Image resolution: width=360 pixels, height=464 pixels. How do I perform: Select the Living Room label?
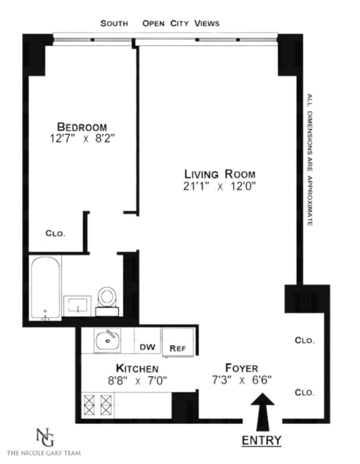pos(220,174)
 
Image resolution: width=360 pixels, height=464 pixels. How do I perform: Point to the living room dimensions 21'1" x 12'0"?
pos(220,186)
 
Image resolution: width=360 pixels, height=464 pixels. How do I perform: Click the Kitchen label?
pos(137,368)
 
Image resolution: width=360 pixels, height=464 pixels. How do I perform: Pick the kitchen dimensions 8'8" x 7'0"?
pos(137,380)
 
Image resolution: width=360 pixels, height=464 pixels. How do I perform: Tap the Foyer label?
pos(242,368)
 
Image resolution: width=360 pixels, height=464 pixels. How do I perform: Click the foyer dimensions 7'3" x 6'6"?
pos(242,380)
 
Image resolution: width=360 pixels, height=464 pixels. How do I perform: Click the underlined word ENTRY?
pos(262,440)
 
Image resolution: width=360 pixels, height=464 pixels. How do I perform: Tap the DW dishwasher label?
pos(147,347)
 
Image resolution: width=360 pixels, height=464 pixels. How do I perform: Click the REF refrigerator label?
pos(178,348)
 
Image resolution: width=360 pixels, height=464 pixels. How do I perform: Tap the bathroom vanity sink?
pos(78,305)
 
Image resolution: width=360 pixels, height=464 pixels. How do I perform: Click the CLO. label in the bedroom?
pos(55,233)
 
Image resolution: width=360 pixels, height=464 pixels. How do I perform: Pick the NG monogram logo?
pos(45,437)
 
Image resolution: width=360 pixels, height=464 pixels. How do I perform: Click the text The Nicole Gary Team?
pos(44,453)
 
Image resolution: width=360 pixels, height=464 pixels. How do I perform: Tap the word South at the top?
pos(114,23)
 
